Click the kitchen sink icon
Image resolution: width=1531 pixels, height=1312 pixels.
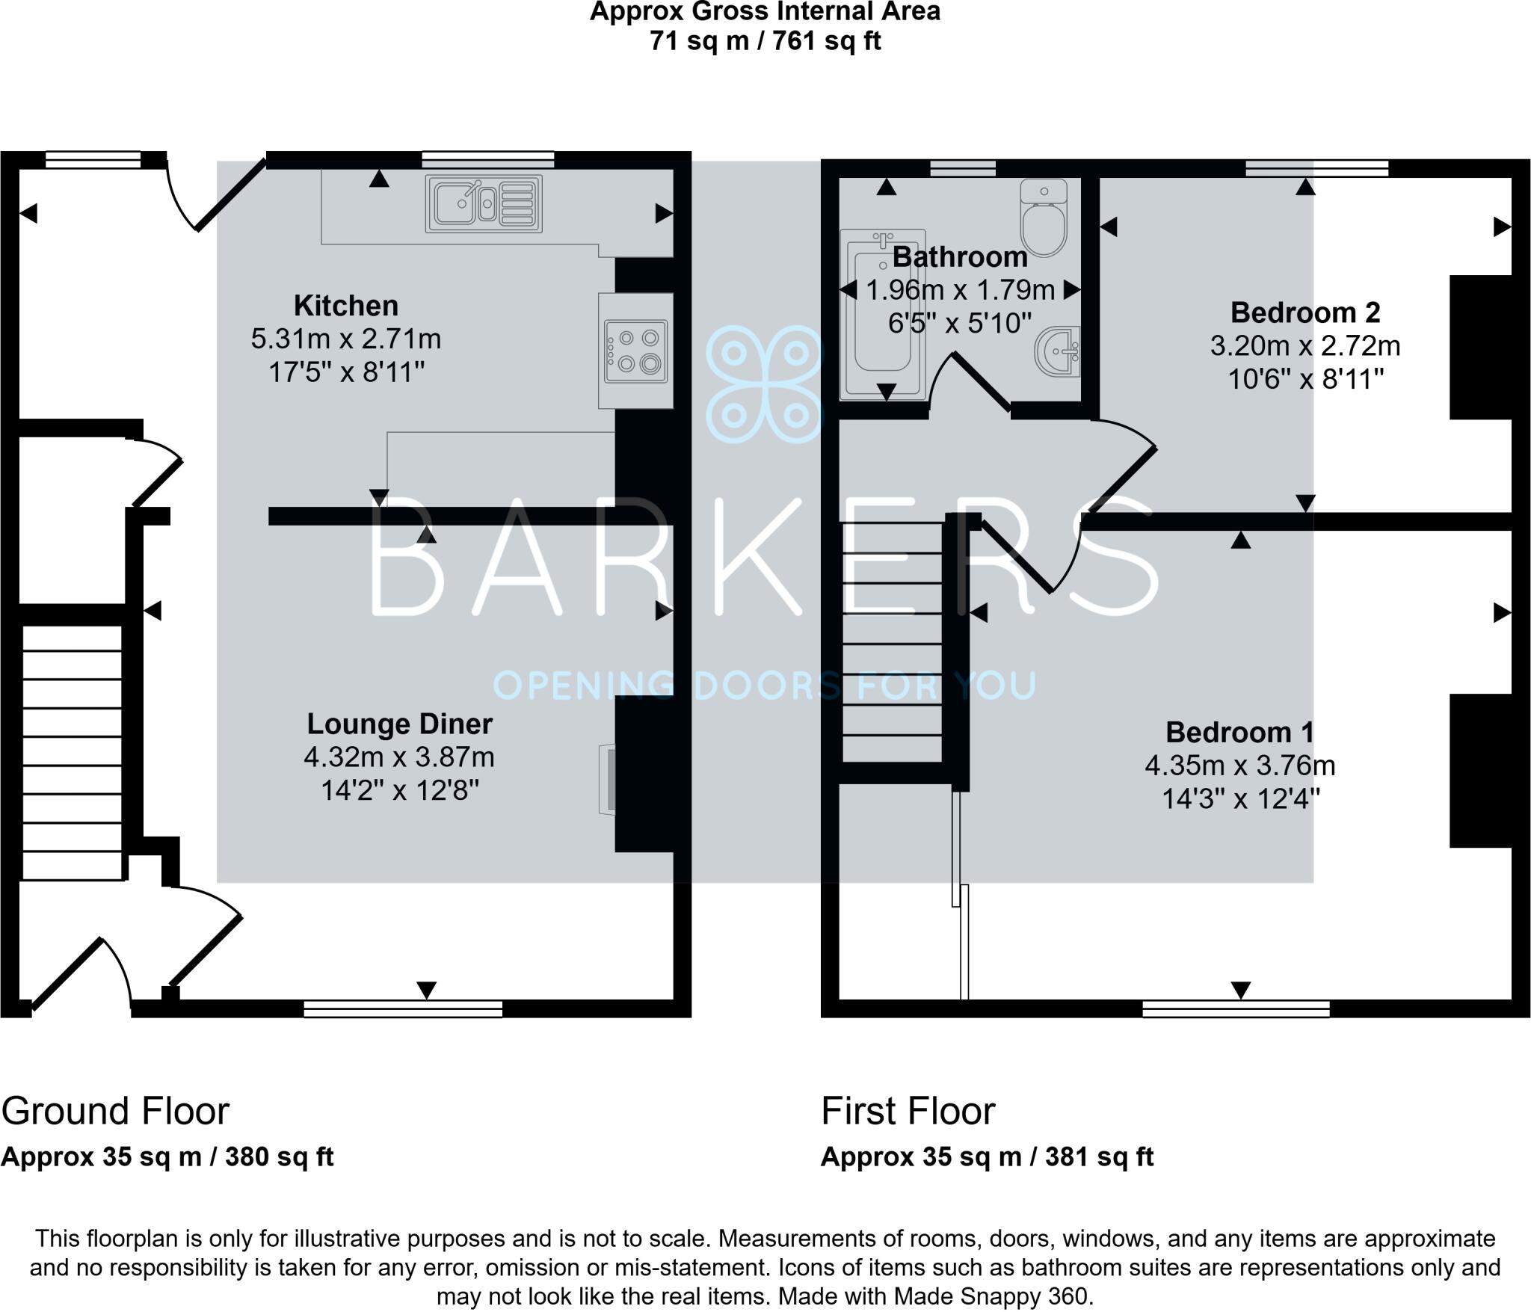point(484,203)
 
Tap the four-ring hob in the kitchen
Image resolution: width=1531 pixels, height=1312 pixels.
point(635,351)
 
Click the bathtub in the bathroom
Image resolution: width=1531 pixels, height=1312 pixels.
point(882,314)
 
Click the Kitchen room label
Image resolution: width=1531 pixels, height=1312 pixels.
point(345,306)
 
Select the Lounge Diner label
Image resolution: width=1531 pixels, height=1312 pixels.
point(399,724)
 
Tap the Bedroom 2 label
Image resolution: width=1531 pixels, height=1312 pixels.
point(1304,312)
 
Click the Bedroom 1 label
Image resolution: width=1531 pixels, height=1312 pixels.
point(1239,732)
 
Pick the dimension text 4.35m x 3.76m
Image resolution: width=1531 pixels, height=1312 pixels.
point(1239,766)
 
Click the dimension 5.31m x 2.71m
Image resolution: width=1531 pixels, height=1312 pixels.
point(345,339)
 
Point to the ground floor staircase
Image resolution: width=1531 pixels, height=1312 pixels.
point(72,751)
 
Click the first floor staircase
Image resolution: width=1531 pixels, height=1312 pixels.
point(892,643)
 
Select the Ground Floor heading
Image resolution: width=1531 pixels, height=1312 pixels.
point(115,1111)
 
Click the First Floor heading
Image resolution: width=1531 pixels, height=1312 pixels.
point(908,1111)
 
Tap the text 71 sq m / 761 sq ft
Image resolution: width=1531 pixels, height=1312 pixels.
point(765,40)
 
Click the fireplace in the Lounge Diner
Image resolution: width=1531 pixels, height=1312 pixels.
point(608,777)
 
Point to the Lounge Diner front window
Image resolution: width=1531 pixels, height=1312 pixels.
point(403,1009)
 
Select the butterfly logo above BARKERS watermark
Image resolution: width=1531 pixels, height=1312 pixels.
point(763,384)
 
